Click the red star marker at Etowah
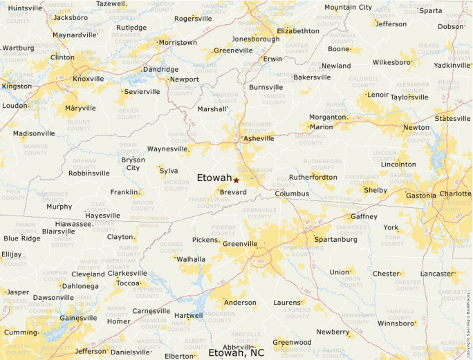236,180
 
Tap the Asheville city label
259,139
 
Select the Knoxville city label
88,79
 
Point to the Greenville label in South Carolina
239,244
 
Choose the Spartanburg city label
339,240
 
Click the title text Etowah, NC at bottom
236,352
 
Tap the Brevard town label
232,192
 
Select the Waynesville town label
167,149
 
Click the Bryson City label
133,164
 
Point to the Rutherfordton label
312,177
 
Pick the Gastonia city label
420,196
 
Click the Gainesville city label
78,318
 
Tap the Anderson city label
239,303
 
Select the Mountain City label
348,8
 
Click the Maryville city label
80,108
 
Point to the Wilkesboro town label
392,62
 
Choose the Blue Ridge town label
21,238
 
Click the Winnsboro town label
396,323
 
